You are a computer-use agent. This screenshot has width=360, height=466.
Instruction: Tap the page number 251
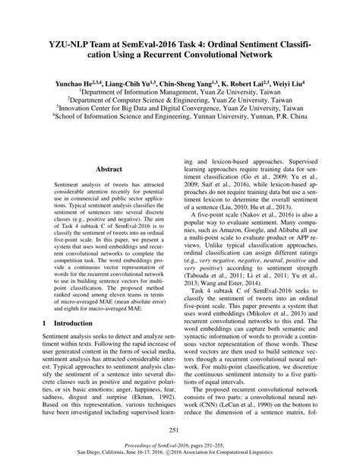(x=179, y=430)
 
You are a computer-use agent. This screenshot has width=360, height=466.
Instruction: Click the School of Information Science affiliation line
(x=180, y=118)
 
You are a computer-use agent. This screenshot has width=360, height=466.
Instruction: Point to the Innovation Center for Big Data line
(x=180, y=108)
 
